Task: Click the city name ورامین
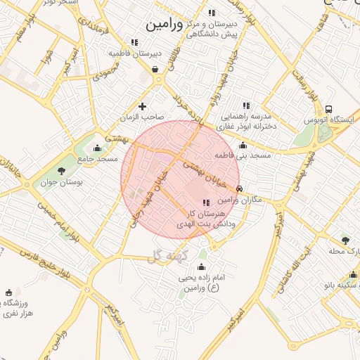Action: pos(165,25)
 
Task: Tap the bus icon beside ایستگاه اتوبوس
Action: pos(329,109)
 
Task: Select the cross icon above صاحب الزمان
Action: pos(143,107)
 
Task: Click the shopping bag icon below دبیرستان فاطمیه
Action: pos(154,69)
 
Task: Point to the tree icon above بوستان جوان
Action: pos(61,170)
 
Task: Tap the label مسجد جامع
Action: pos(98,160)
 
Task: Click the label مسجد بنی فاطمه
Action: pos(243,155)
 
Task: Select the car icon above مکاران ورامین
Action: pos(240,189)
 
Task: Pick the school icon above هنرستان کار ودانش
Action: pos(206,202)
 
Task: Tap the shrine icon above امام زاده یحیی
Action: pos(202,266)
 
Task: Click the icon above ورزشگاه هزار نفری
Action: pos(9,292)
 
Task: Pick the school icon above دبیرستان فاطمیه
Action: pos(134,42)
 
